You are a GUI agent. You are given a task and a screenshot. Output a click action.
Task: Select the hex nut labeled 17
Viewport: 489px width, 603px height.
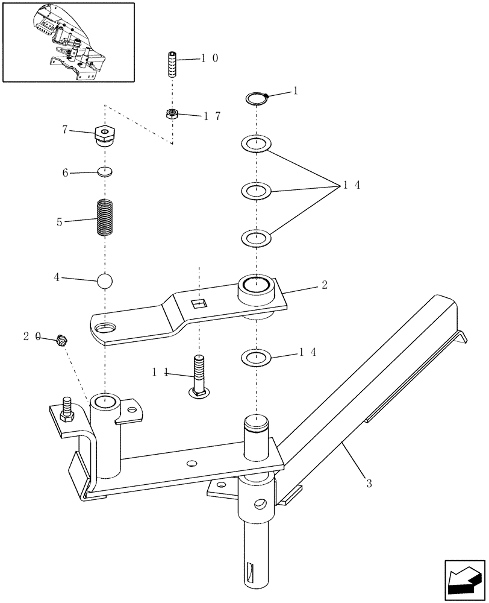[x=172, y=113]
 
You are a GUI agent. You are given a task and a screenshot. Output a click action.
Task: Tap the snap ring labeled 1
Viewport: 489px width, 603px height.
[x=257, y=98]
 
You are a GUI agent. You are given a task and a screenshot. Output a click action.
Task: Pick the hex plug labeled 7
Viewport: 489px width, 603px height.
[x=105, y=136]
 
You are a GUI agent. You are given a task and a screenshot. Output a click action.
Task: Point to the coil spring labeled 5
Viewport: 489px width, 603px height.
[x=105, y=219]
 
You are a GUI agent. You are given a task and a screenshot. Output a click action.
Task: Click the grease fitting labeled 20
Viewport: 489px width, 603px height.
[x=60, y=341]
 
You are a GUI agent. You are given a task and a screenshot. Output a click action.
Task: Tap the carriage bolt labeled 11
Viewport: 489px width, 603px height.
[x=199, y=377]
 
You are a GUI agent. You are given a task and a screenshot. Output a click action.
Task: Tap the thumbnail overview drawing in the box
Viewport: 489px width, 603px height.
[x=68, y=42]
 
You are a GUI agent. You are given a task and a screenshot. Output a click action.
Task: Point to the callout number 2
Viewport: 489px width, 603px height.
[x=324, y=285]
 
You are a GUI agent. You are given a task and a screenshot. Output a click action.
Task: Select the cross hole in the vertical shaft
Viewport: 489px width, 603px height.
[x=260, y=502]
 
